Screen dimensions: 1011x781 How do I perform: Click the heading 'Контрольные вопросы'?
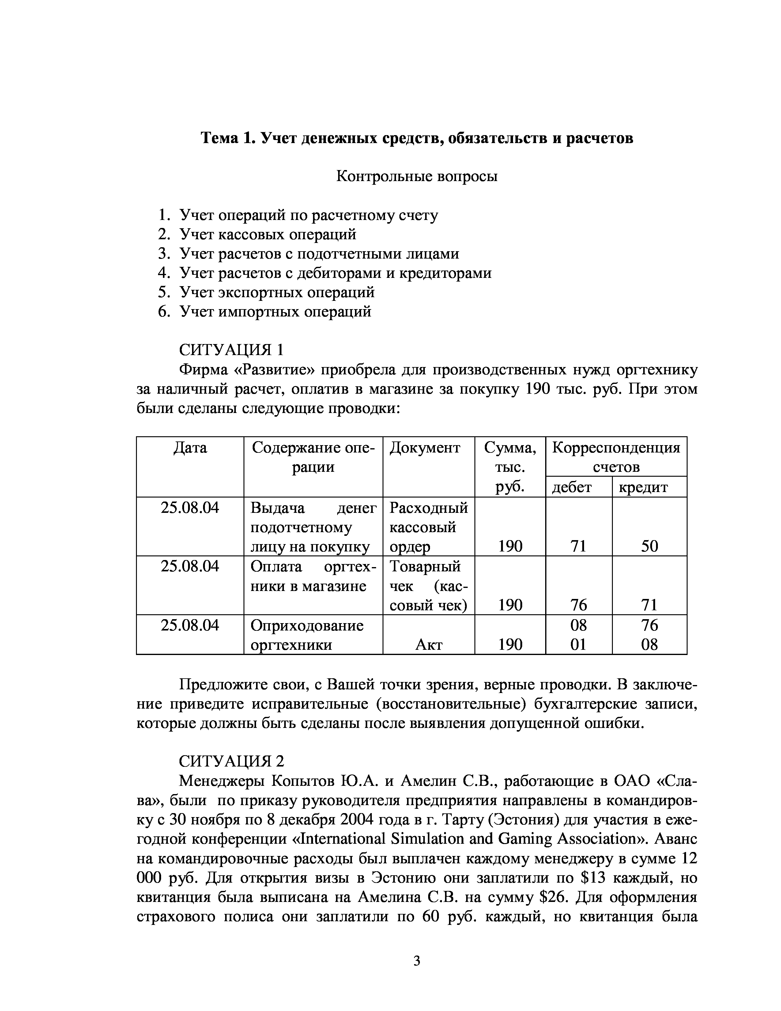417,176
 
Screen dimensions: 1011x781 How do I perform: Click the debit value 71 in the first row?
578,546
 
